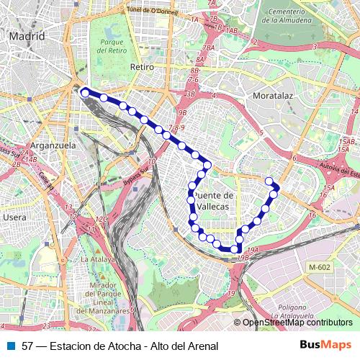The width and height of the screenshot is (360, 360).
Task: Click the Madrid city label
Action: point(27,35)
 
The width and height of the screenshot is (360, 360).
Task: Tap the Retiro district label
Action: point(143,66)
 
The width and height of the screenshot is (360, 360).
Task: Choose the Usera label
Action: point(15,216)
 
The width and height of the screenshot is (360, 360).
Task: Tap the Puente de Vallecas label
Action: point(215,201)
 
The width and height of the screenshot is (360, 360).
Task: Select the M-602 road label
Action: point(319,268)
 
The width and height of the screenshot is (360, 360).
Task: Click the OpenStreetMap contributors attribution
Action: point(297,323)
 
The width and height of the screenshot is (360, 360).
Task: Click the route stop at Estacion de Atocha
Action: point(85,92)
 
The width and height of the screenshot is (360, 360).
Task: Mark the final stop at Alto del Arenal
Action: point(269,181)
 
